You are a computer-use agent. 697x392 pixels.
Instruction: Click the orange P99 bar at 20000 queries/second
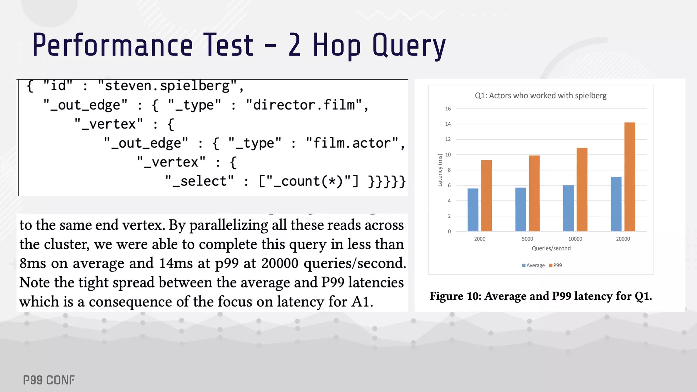click(x=630, y=177)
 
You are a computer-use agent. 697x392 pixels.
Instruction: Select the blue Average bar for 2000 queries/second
click(x=473, y=210)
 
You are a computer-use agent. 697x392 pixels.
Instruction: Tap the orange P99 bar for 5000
click(x=534, y=193)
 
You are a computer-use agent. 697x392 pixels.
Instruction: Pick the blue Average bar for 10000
click(x=568, y=208)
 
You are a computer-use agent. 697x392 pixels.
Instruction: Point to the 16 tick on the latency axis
click(x=448, y=109)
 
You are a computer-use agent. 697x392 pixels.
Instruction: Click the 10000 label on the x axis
click(x=575, y=239)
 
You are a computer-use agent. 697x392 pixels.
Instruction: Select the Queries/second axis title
click(x=551, y=248)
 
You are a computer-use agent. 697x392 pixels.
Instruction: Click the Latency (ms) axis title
click(x=440, y=170)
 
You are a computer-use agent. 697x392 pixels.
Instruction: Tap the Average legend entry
click(x=533, y=265)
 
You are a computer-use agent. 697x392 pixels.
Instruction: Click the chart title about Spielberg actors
click(x=540, y=96)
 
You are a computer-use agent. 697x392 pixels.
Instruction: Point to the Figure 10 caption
click(x=540, y=296)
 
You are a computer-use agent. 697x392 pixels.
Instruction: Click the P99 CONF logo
click(x=49, y=380)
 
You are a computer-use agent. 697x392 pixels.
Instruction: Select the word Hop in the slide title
click(x=337, y=45)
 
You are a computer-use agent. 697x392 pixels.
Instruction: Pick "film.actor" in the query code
click(x=352, y=143)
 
